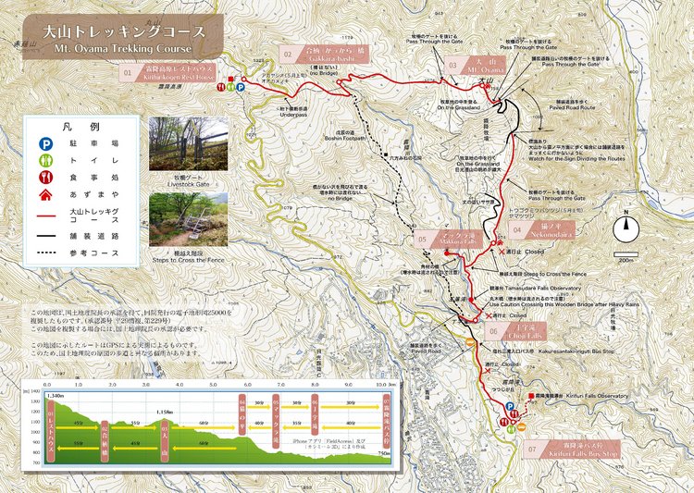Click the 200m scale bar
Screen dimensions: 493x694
click(627, 254)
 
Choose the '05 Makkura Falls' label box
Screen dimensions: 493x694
click(444, 239)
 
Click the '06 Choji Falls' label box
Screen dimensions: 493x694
click(510, 330)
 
